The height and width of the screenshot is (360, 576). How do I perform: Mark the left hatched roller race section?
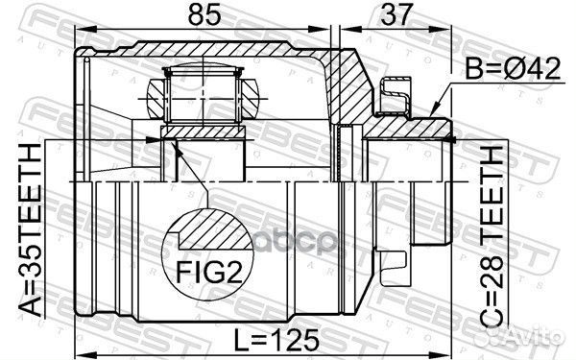coord(159,96)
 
